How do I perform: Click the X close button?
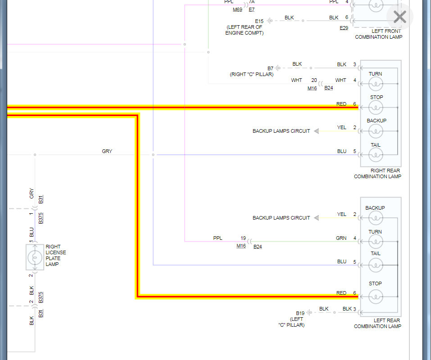[399, 17]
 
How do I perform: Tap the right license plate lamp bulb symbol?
[34, 257]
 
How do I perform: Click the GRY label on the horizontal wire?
[107, 151]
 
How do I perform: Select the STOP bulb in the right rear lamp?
[376, 107]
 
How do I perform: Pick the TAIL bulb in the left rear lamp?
[376, 265]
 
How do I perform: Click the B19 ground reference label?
[300, 313]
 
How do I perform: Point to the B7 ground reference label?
[270, 68]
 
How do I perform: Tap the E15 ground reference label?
[259, 21]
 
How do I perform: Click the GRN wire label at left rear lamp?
[341, 238]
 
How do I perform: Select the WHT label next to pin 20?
[296, 80]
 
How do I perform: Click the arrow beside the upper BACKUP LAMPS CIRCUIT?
[316, 131]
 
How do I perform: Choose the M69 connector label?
[237, 9]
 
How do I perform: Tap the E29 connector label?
[344, 28]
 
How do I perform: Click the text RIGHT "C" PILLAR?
[251, 74]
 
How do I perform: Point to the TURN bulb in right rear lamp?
[376, 83]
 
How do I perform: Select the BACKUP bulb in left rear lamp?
[376, 218]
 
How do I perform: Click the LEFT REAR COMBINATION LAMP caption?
[377, 323]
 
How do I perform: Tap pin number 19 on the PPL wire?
[243, 238]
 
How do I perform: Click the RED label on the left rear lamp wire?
[341, 293]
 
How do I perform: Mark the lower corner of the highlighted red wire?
[137, 297]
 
